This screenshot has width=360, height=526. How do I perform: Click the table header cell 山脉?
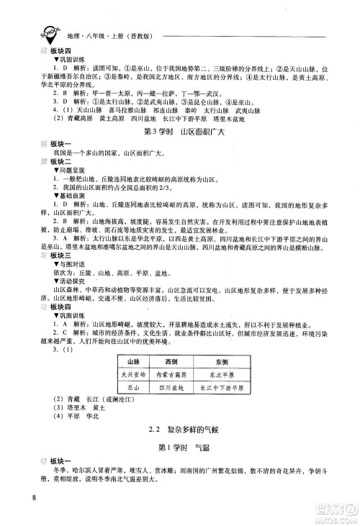click(132, 360)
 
